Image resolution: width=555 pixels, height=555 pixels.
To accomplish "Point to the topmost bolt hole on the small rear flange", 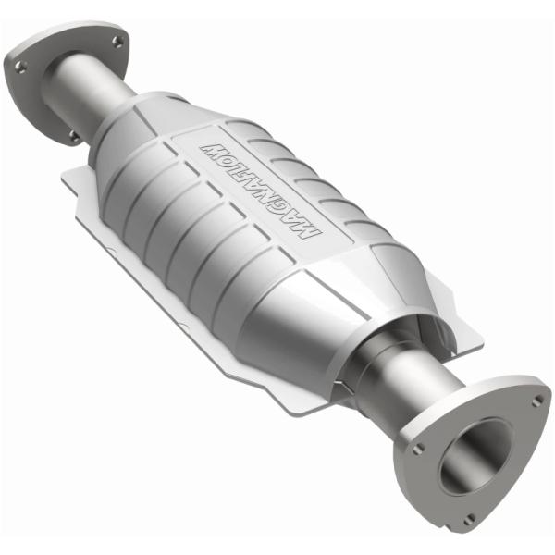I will pos(117,42).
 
